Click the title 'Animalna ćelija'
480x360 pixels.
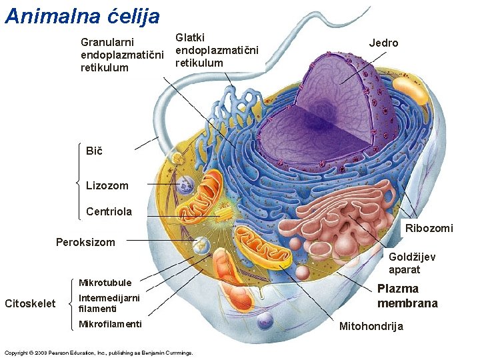83,15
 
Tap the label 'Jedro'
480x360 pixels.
383,43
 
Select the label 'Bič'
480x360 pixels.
94,151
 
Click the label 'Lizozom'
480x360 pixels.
107,185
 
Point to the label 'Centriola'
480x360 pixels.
109,212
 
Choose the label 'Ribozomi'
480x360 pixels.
429,229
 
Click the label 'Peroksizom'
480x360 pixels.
85,242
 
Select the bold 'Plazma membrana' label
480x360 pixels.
407,296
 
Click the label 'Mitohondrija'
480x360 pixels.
371,327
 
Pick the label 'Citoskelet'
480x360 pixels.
30,304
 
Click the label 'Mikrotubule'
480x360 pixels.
105,283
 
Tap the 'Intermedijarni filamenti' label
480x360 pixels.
109,303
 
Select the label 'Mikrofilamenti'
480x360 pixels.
109,325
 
